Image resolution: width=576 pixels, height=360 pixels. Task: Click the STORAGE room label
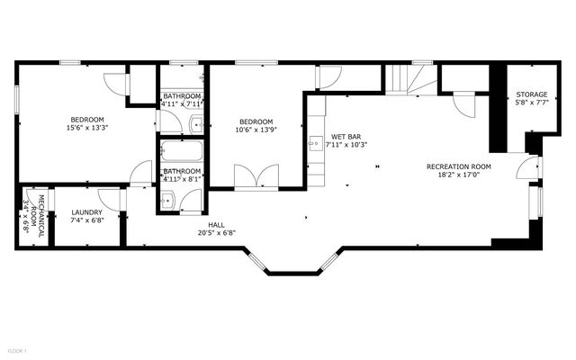point(531,94)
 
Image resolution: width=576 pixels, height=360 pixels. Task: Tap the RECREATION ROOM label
point(458,166)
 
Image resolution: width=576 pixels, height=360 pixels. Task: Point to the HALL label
point(216,224)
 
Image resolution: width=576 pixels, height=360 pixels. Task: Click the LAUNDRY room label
point(86,212)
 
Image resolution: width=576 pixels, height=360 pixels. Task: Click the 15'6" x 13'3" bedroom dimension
point(87,128)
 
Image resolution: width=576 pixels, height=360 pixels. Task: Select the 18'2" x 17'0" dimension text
point(458,175)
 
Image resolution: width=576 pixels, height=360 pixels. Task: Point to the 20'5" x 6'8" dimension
point(216,232)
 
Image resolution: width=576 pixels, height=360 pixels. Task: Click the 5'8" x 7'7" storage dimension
point(531,103)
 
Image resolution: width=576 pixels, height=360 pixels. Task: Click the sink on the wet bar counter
point(315,142)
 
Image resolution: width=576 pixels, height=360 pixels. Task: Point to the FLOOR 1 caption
point(17,349)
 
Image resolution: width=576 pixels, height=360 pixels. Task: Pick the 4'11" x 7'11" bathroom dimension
point(183,103)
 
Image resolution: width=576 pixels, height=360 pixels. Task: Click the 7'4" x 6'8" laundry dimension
point(86,220)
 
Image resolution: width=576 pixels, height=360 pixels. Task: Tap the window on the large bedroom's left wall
point(17,97)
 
